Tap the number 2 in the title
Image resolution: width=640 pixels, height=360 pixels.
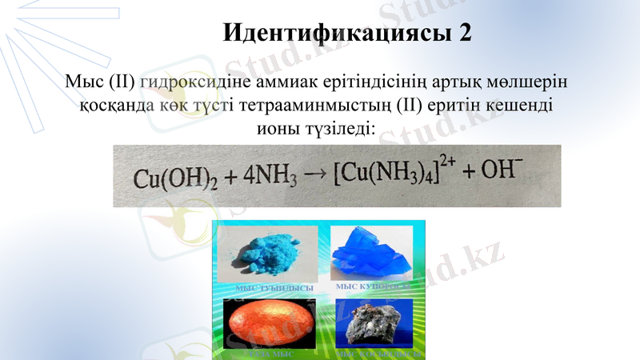click(465, 33)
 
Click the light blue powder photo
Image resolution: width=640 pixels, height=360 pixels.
click(269, 254)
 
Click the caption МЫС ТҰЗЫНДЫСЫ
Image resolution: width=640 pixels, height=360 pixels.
click(269, 288)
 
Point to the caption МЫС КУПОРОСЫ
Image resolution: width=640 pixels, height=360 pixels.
click(373, 286)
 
